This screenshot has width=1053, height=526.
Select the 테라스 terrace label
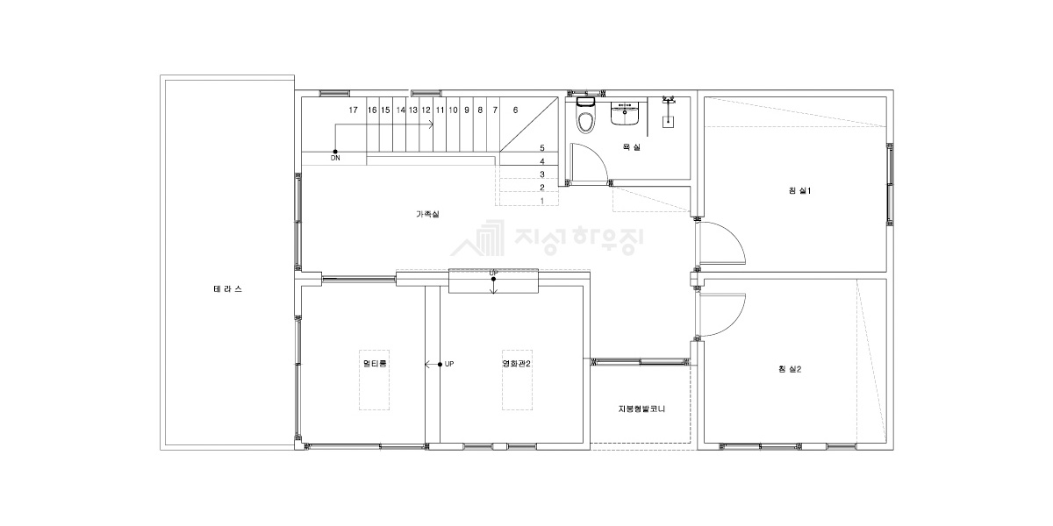tap(227, 289)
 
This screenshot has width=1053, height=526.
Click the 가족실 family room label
tap(428, 214)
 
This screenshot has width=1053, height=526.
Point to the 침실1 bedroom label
tap(799, 191)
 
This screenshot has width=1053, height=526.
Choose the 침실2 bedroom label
tap(790, 369)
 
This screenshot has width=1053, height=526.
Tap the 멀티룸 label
tap(375, 364)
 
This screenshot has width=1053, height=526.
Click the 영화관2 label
tap(516, 364)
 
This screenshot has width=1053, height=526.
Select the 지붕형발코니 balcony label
tap(641, 409)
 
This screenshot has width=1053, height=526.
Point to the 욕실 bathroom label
tap(631, 147)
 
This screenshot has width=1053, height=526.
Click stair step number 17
tap(353, 110)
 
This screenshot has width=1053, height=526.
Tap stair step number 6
tap(515, 110)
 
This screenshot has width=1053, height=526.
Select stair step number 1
tap(542, 201)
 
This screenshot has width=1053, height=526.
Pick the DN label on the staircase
tap(335, 159)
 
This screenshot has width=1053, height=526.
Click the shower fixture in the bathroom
tap(668, 112)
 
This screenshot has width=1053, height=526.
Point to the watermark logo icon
tap(477, 238)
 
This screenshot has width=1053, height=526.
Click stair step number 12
tap(426, 110)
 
